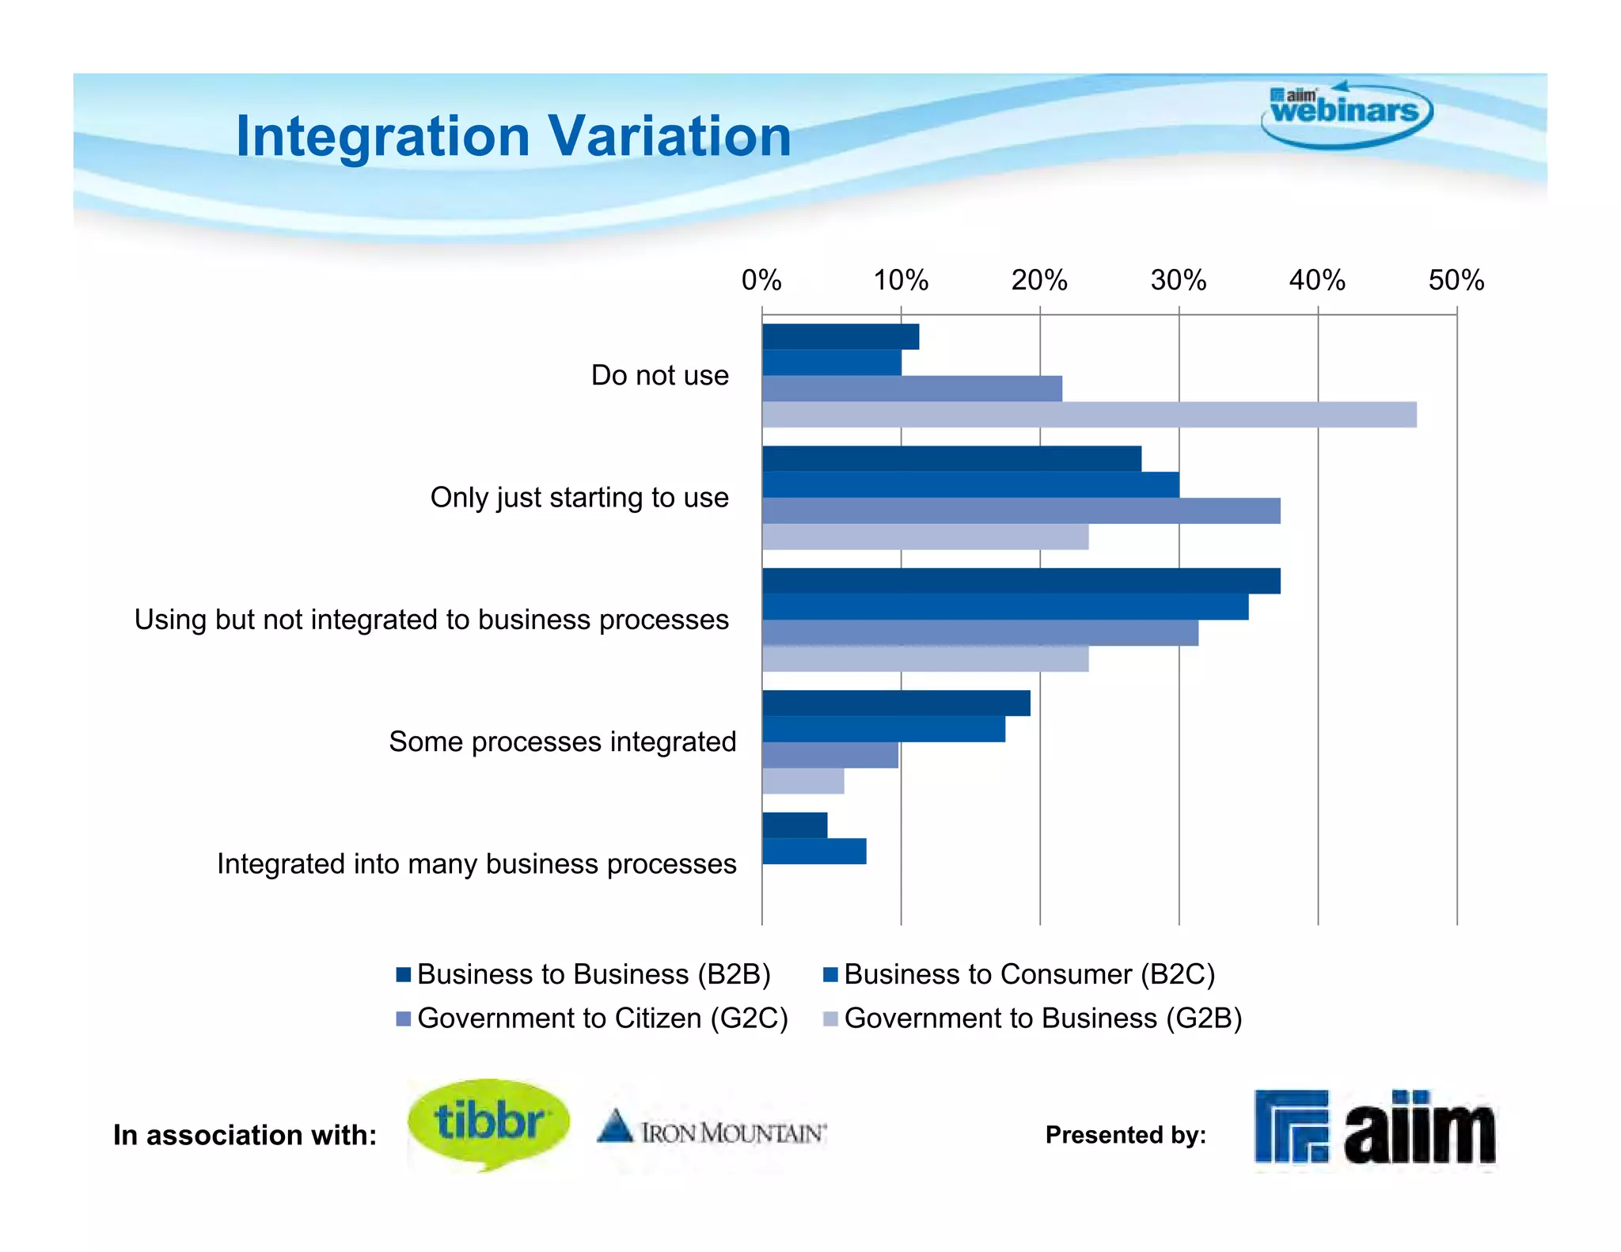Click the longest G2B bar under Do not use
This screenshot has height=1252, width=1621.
[x=1089, y=415]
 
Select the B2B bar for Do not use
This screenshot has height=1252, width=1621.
[x=841, y=336]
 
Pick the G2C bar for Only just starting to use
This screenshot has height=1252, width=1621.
[x=1021, y=510]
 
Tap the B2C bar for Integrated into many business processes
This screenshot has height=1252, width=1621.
[x=814, y=852]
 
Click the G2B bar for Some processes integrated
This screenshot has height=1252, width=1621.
[x=803, y=781]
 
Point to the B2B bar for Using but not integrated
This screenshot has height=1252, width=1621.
[x=1021, y=581]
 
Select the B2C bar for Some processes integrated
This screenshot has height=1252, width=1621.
[x=883, y=729]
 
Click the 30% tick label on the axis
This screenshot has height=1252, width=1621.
[x=1178, y=280]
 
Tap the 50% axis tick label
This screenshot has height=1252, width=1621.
[x=1456, y=280]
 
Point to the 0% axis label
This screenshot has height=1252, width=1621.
[x=761, y=280]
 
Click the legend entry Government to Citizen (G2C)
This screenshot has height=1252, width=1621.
[x=602, y=1018]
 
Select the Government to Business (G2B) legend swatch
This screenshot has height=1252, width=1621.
[x=830, y=1019]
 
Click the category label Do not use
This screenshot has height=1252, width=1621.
[x=659, y=375]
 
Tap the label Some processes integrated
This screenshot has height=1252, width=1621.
[x=562, y=742]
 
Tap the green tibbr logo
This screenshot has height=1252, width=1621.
[x=488, y=1122]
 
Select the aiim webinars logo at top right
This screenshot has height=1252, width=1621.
[x=1346, y=113]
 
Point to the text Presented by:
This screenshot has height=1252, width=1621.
[x=1126, y=1135]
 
